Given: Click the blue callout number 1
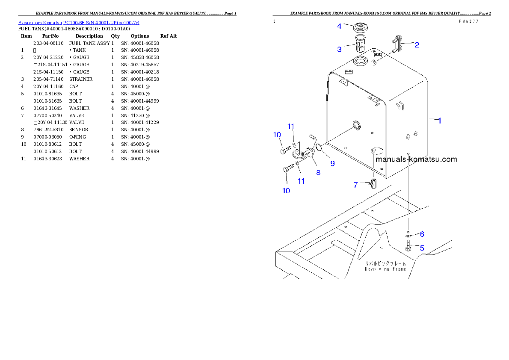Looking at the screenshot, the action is pyautogui.click(x=439, y=121).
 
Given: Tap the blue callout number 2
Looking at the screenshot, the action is pyautogui.click(x=416, y=44).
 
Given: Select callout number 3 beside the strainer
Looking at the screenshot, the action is pyautogui.click(x=339, y=49).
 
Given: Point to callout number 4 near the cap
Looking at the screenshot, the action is pyautogui.click(x=339, y=26).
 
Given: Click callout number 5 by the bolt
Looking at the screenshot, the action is pyautogui.click(x=422, y=248).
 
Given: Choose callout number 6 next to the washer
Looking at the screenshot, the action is pyautogui.click(x=422, y=234).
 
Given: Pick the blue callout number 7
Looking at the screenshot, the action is pyautogui.click(x=355, y=185).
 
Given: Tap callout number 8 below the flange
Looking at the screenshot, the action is pyautogui.click(x=318, y=173).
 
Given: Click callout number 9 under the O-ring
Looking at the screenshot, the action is pyautogui.click(x=332, y=163).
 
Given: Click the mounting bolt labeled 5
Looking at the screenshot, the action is pyautogui.click(x=408, y=247).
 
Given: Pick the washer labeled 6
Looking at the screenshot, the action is pyautogui.click(x=408, y=235).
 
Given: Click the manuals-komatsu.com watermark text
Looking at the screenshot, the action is pyautogui.click(x=416, y=159).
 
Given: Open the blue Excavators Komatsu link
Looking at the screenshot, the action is pyautogui.click(x=79, y=22).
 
